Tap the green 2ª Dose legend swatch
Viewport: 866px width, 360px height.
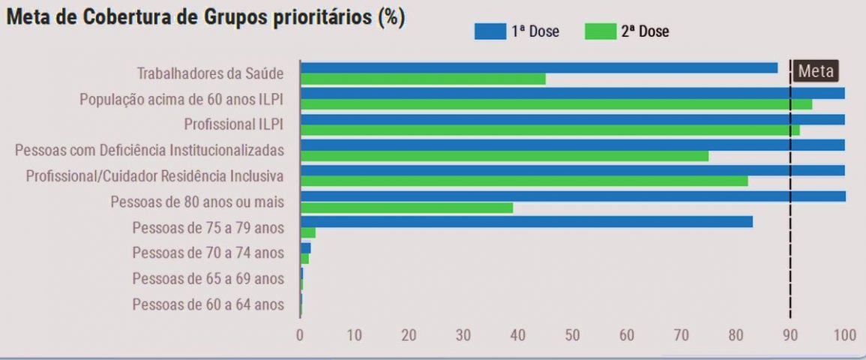point(599,31)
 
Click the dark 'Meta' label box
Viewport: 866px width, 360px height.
point(815,71)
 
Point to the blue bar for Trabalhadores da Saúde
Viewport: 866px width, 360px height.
point(538,67)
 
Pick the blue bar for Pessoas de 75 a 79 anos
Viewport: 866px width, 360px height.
point(526,221)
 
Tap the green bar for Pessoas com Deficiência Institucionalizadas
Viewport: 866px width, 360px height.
point(504,156)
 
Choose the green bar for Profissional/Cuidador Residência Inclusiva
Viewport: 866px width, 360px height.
point(523,181)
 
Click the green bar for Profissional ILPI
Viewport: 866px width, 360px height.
point(550,130)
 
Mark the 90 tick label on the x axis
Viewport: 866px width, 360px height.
point(790,335)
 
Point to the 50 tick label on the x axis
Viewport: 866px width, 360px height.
point(572,335)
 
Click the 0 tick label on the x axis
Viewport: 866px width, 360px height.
point(300,335)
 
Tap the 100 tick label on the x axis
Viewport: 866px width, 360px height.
point(844,335)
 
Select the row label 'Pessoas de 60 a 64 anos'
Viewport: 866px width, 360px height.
point(208,304)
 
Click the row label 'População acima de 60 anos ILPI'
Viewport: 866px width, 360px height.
point(181,99)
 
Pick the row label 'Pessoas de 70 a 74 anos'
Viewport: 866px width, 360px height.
point(208,253)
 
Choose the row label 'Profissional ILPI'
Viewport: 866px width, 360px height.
point(234,124)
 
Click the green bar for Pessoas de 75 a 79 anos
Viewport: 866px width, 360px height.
point(307,232)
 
